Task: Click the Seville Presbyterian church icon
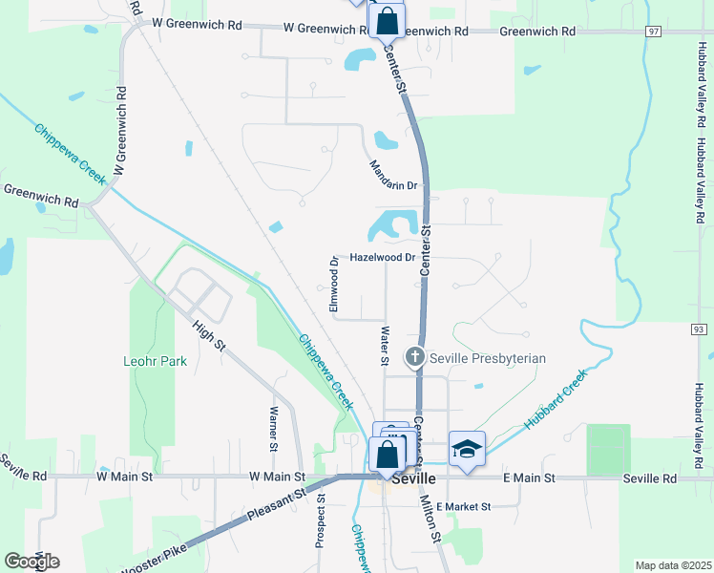(x=415, y=357)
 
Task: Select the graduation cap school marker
(x=467, y=450)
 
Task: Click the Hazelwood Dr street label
(x=382, y=258)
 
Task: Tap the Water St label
(x=386, y=346)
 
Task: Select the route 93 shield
(x=700, y=329)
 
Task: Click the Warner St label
(x=273, y=429)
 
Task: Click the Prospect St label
(x=321, y=520)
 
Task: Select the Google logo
(x=31, y=562)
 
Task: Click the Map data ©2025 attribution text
(x=673, y=565)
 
